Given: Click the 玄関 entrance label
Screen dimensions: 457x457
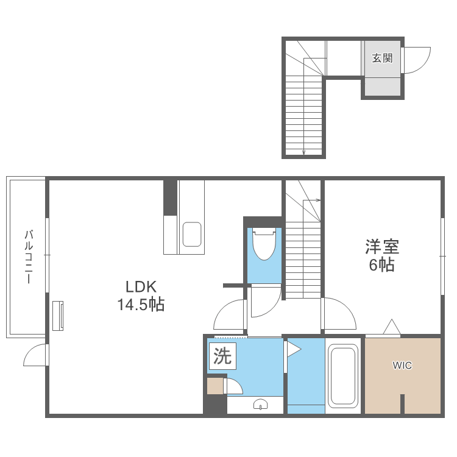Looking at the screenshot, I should [382, 58].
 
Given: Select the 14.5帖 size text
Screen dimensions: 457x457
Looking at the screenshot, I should [141, 305].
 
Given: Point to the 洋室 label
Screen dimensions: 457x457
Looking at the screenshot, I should [382, 247].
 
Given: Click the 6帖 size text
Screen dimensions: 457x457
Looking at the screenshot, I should [382, 265].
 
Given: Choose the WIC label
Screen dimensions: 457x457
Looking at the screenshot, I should [402, 366].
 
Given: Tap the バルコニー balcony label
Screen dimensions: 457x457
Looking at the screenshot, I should [28, 256].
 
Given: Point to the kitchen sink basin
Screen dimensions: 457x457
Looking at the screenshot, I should [192, 234].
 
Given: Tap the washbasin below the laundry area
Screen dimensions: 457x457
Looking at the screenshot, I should [260, 404].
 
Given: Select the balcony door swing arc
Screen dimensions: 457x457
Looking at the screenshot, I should [35, 356].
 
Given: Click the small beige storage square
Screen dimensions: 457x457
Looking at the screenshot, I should [215, 386].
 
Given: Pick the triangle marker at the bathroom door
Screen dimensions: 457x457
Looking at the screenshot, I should [293, 349].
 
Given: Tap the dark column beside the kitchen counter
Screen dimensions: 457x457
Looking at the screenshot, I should [170, 197].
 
